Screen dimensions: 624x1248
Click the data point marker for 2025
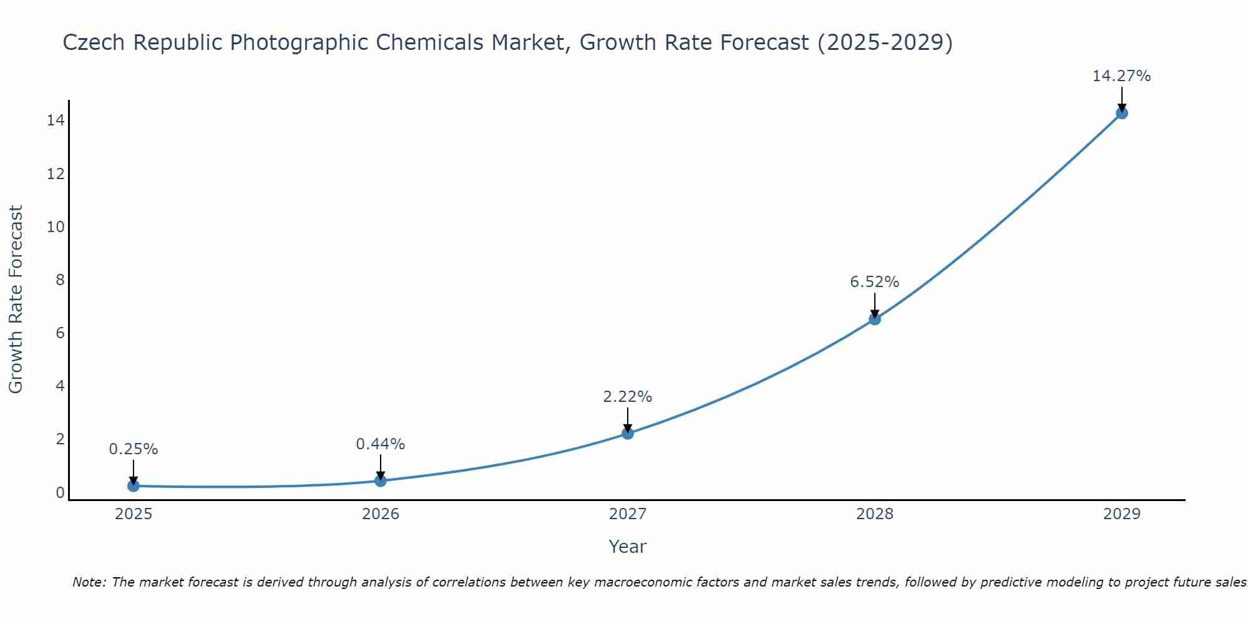tap(134, 485)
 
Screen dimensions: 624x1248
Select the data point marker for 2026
tap(381, 480)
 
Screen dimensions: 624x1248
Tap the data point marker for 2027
tap(628, 433)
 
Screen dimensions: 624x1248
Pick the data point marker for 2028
tap(875, 319)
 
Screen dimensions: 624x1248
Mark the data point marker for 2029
tap(1122, 113)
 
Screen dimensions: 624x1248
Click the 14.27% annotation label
tap(1121, 76)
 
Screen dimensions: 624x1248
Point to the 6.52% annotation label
tap(874, 282)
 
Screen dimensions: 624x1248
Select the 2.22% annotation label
tap(627, 397)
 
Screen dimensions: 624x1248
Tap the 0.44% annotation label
tap(380, 444)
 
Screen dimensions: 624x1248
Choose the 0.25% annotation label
tap(133, 449)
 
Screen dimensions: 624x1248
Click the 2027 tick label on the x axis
tap(628, 514)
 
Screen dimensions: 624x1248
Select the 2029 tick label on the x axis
tap(1122, 514)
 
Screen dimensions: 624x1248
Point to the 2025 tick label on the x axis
tap(134, 514)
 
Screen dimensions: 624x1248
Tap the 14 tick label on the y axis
tap(56, 120)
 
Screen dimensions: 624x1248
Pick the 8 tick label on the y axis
tap(60, 280)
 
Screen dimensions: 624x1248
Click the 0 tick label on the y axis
tap(60, 492)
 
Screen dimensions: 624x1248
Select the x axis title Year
tap(627, 547)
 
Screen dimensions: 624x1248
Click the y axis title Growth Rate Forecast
tap(16, 299)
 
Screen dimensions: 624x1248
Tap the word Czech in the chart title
tap(94, 43)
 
